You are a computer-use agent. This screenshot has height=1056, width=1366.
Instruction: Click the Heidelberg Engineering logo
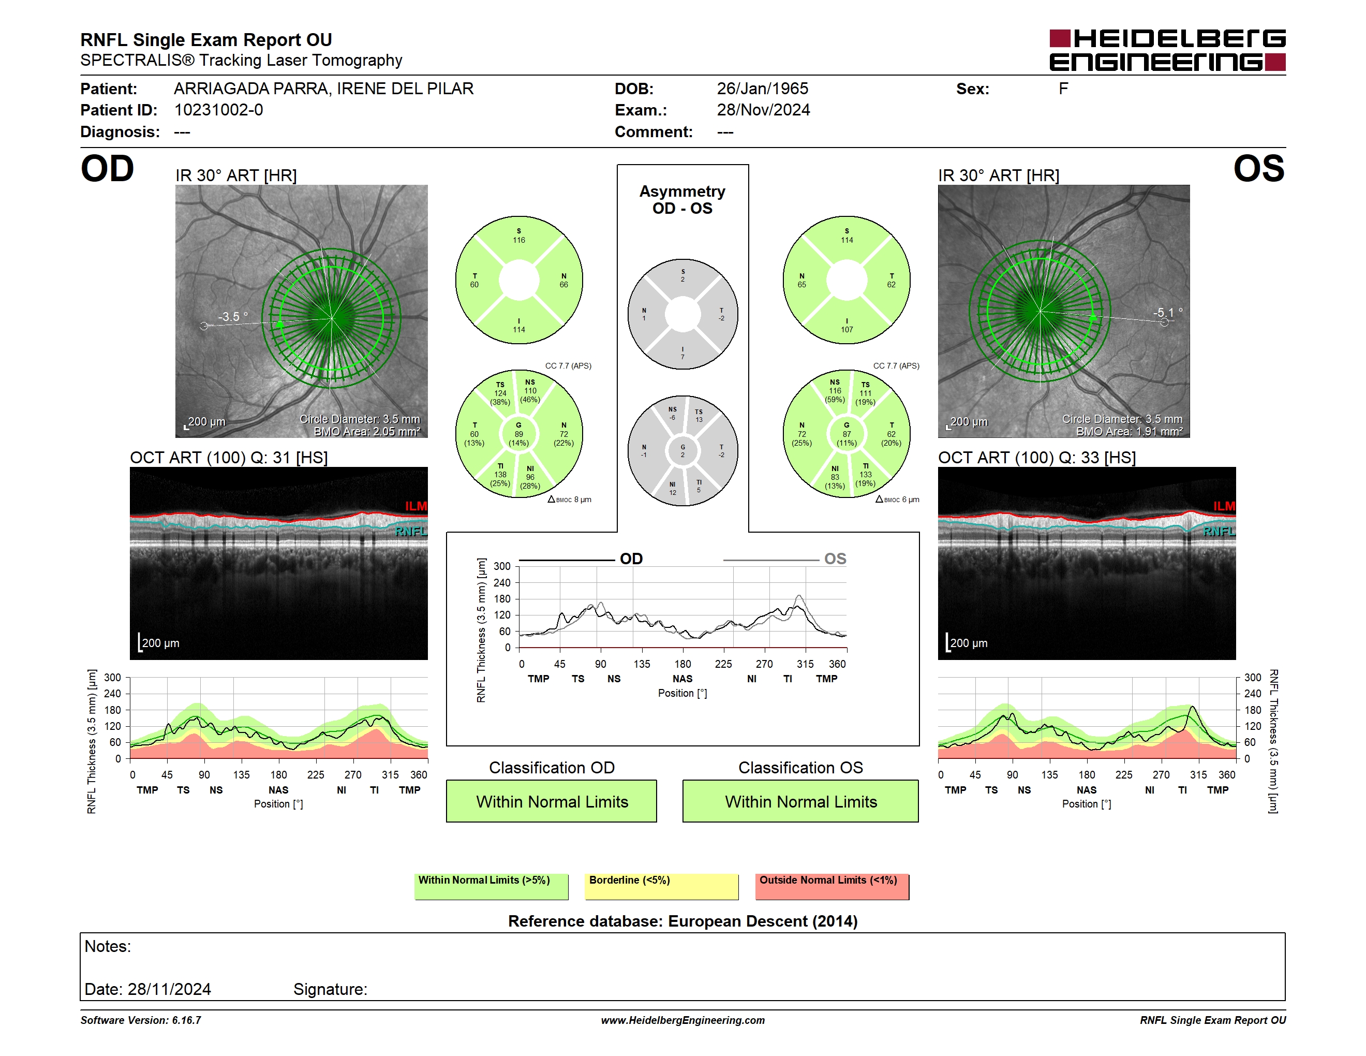coord(1167,50)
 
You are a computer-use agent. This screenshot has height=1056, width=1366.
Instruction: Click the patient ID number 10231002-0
coord(218,110)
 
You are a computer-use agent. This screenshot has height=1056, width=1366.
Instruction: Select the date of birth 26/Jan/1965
coord(763,89)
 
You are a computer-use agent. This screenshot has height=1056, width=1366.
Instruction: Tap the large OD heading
coord(108,169)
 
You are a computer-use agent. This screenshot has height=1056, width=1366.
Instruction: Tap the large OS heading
coord(1258,169)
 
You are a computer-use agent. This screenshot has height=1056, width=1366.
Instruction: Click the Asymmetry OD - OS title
coord(682,200)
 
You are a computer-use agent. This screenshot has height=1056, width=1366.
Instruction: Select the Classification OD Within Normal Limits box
coord(552,801)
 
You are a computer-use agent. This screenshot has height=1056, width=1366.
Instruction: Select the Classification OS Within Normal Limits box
coord(800,801)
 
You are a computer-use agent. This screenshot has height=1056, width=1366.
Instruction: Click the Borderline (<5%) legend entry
coord(662,886)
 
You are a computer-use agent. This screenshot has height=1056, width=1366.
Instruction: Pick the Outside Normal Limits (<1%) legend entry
coord(832,886)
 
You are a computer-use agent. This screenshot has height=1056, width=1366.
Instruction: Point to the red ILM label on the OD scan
coord(416,506)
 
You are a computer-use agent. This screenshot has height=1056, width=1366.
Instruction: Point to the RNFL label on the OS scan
coord(1219,531)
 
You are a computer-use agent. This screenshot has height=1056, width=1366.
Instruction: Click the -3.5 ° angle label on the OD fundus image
coord(233,317)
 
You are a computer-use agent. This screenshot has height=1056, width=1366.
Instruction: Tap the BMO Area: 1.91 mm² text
coord(1130,432)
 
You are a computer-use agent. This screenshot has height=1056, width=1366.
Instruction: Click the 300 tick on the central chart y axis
coord(502,566)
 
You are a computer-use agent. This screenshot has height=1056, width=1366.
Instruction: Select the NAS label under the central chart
coord(682,679)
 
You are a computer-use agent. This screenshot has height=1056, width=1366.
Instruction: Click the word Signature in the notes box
coord(330,989)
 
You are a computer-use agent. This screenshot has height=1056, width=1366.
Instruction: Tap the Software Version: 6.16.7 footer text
coord(141,1020)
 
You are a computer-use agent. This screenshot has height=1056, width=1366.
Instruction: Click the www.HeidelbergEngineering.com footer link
coord(683,1020)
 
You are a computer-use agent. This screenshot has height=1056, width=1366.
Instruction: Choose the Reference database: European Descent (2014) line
coord(683,921)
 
